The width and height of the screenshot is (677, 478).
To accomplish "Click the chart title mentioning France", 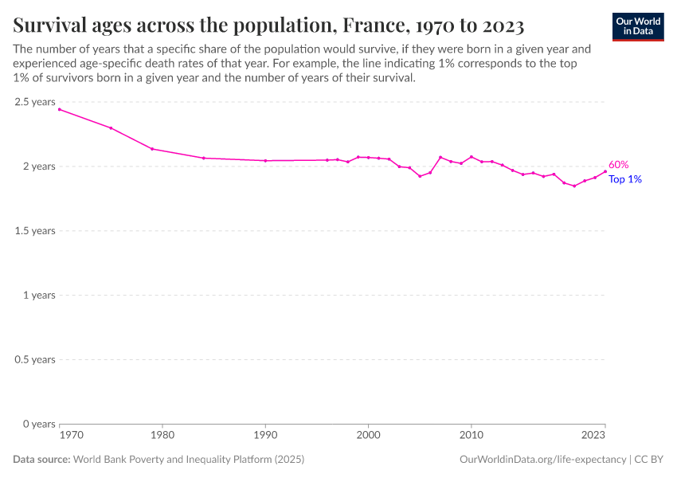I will [x=268, y=25].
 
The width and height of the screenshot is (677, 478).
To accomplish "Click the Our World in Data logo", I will [x=637, y=25].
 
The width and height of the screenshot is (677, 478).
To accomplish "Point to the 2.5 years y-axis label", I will [x=34, y=102].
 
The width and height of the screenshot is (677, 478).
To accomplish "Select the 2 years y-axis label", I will [x=38, y=167].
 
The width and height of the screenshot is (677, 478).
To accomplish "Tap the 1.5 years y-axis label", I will [x=34, y=231].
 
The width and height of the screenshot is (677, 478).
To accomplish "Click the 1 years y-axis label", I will [x=38, y=296].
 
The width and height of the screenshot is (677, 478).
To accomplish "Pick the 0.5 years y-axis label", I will [x=34, y=359].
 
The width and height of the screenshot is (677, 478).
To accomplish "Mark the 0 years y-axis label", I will [x=38, y=424].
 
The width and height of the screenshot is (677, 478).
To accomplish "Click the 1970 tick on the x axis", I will [x=71, y=436].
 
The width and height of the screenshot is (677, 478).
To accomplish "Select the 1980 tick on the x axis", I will [x=162, y=436].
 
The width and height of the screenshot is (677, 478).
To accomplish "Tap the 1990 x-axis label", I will [x=265, y=436].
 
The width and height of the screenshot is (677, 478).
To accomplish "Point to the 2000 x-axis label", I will [x=368, y=436].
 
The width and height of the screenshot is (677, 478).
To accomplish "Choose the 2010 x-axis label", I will [x=471, y=436].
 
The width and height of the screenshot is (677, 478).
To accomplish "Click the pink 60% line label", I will [x=619, y=165].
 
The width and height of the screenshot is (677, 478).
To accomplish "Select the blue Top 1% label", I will [x=625, y=179].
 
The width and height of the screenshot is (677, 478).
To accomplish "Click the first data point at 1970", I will [x=60, y=109].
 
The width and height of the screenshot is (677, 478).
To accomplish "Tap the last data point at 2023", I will [x=605, y=171].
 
